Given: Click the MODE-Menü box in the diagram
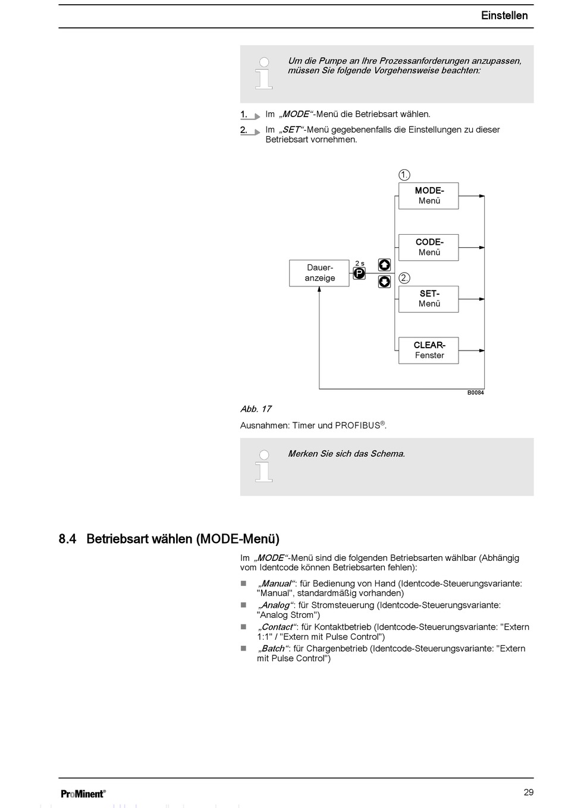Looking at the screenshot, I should pyautogui.click(x=428, y=195).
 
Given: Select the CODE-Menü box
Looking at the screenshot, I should pyautogui.click(x=428, y=247).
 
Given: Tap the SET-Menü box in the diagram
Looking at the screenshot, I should pyautogui.click(x=428, y=299).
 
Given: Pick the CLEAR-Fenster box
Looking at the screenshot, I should pyautogui.click(x=428, y=350).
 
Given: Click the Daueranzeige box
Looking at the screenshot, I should pyautogui.click(x=319, y=273).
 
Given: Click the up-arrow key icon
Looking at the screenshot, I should pyautogui.click(x=385, y=265).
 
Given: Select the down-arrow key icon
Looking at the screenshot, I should pyautogui.click(x=385, y=282).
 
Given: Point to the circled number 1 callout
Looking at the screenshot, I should pyautogui.click(x=404, y=175).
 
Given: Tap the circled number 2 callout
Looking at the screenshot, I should pyautogui.click(x=404, y=278).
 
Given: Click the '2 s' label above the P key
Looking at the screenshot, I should pyautogui.click(x=360, y=263).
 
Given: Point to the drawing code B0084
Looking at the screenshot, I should pyautogui.click(x=475, y=393).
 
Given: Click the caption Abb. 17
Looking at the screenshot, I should pyautogui.click(x=256, y=409).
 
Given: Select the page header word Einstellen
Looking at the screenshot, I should pyautogui.click(x=504, y=15).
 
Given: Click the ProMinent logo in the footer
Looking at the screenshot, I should pyautogui.click(x=83, y=793).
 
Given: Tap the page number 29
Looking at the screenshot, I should pyautogui.click(x=529, y=792).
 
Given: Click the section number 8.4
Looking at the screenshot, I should pyautogui.click(x=68, y=539).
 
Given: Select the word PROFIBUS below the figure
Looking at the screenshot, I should pyautogui.click(x=357, y=425).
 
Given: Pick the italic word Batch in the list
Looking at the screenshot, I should pyautogui.click(x=273, y=648).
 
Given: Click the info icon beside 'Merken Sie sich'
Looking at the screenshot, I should pyautogui.click(x=264, y=467).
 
